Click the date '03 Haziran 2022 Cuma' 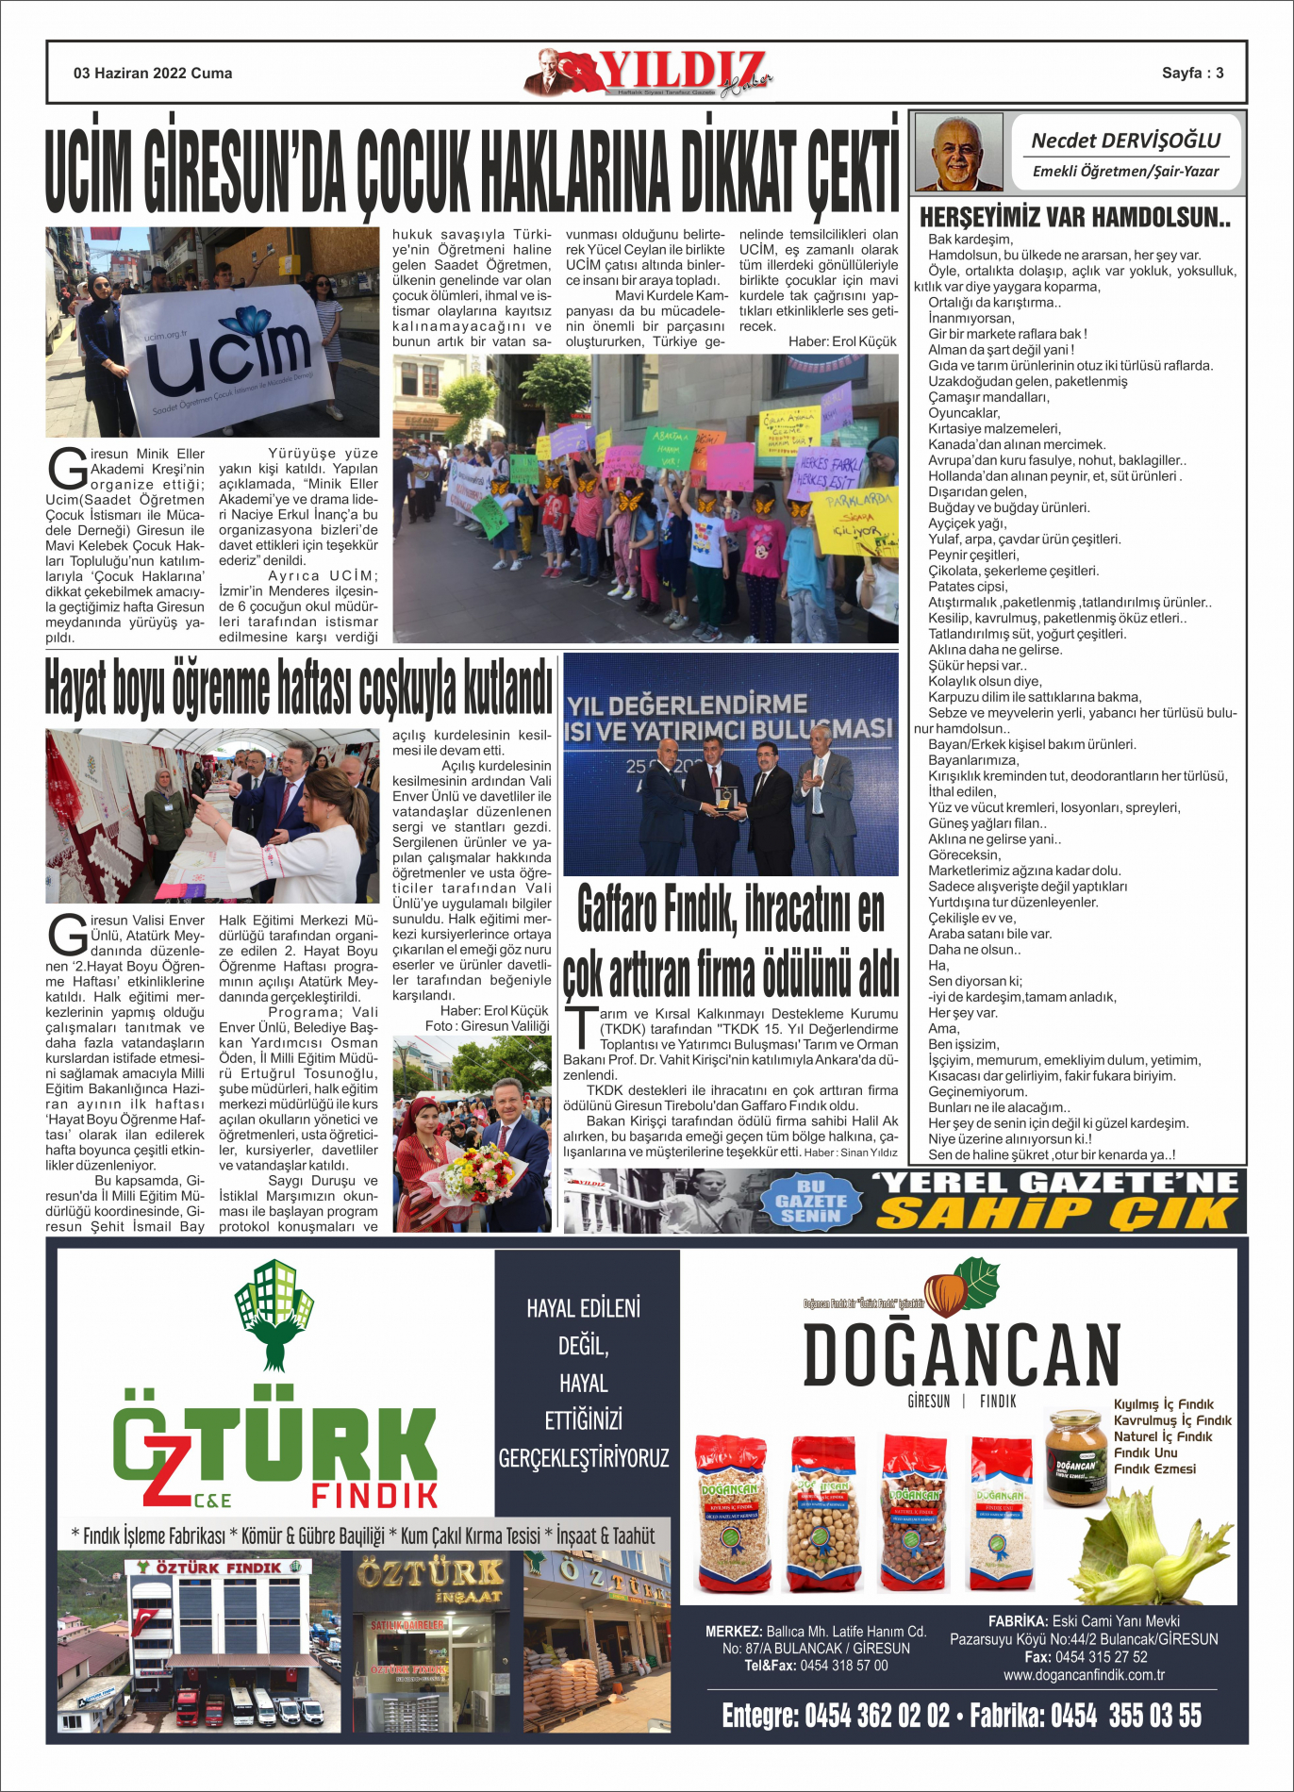pyautogui.click(x=153, y=74)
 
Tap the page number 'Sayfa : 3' pyautogui.click(x=1192, y=74)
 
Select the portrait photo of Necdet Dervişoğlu pyautogui.click(x=958, y=153)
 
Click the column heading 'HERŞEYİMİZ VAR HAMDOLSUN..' pyautogui.click(x=1074, y=218)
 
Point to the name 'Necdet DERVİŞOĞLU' pyautogui.click(x=1125, y=141)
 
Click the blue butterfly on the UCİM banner pyautogui.click(x=250, y=320)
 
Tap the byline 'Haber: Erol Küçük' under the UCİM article pyautogui.click(x=842, y=341)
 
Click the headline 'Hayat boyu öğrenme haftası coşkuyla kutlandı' pyautogui.click(x=298, y=689)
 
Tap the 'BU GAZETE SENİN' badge pyautogui.click(x=810, y=1202)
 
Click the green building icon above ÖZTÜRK pyautogui.click(x=274, y=1312)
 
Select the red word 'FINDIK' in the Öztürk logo pyautogui.click(x=374, y=1495)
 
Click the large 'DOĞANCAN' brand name pyautogui.click(x=961, y=1355)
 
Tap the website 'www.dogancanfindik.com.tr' pyautogui.click(x=1083, y=1675)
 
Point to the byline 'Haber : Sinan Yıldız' pyautogui.click(x=851, y=1153)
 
